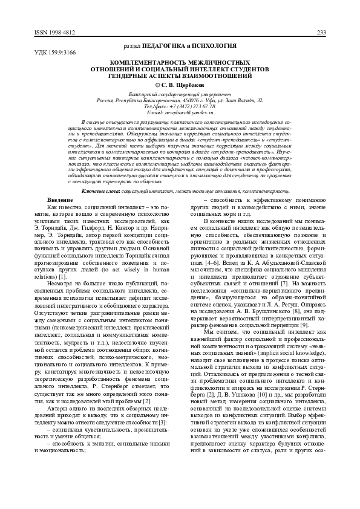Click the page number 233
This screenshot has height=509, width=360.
pos(321,33)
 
